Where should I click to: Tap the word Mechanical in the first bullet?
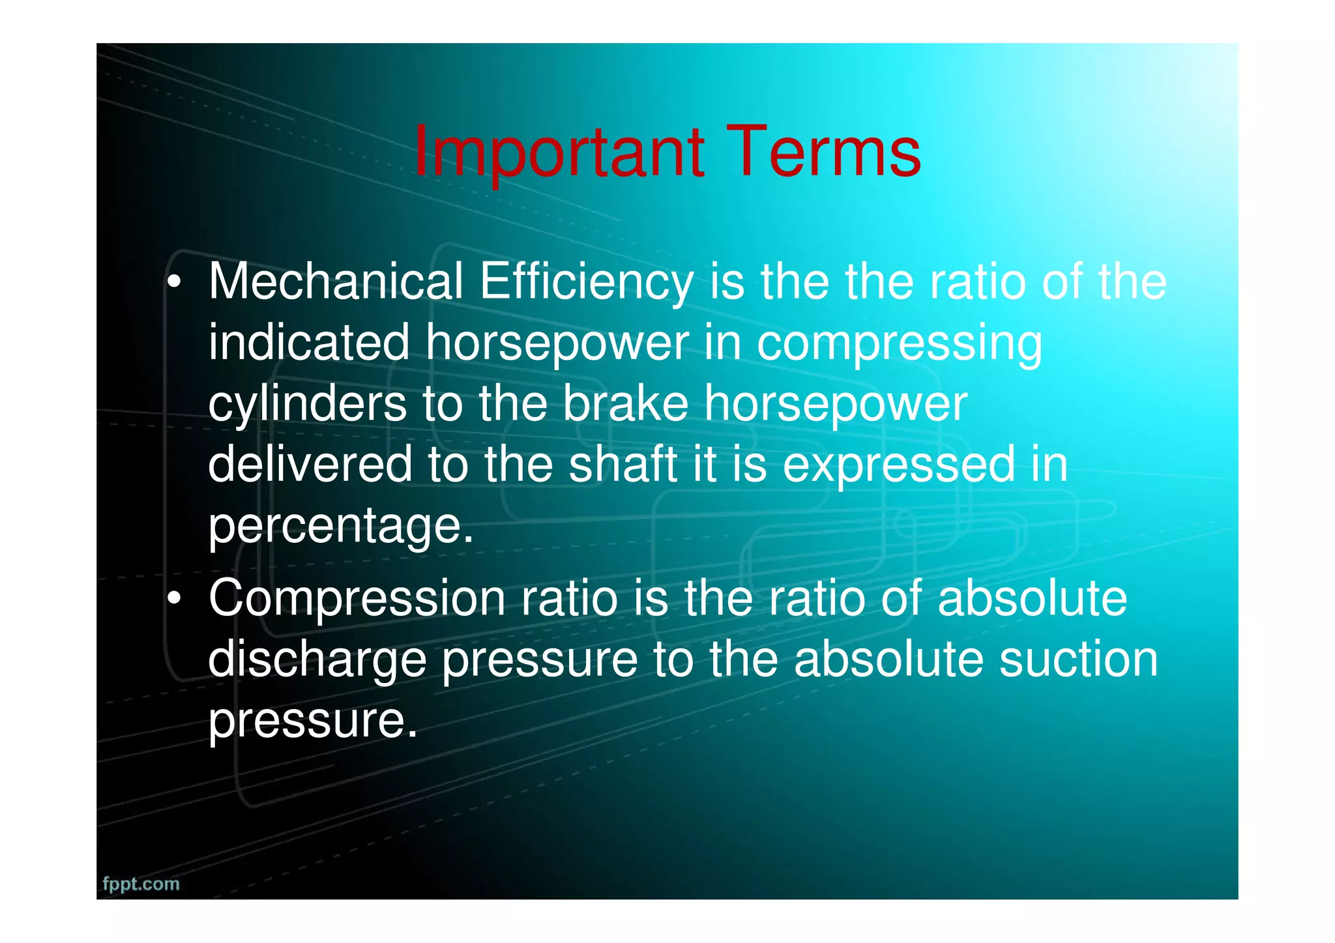336,282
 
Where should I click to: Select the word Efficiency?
587,282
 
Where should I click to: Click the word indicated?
309,343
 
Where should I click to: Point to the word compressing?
899,343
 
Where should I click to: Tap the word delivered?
310,464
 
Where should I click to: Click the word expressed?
898,464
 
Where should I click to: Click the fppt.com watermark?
141,884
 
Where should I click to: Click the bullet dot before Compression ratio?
173,598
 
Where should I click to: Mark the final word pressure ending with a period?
312,721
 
